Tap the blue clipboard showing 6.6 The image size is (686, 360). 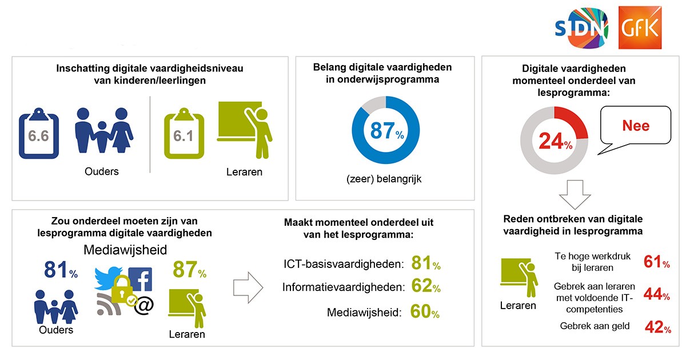coord(39,135)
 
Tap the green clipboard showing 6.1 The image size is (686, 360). coord(184,135)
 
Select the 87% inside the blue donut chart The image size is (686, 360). coord(386,131)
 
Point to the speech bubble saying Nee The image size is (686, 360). coord(635,126)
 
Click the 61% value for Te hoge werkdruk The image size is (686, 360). coord(656,262)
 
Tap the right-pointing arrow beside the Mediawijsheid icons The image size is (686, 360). coord(248,286)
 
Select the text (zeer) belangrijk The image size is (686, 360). coord(384,179)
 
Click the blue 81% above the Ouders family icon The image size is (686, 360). coord(60,271)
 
